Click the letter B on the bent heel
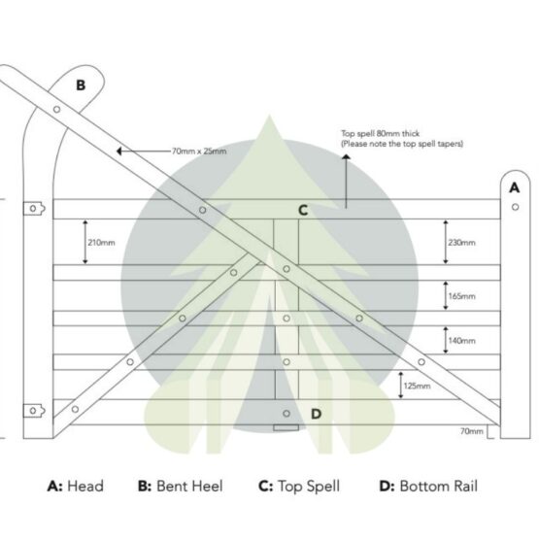click(81, 84)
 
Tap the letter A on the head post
click(515, 187)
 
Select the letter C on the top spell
click(303, 210)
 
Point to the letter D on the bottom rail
click(316, 414)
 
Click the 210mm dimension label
click(101, 243)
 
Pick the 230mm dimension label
click(461, 243)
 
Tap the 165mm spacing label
click(462, 296)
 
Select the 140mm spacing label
click(462, 341)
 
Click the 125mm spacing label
click(417, 386)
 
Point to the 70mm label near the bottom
click(472, 431)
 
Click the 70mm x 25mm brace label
click(199, 152)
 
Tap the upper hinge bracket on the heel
click(34, 209)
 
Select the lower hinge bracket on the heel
click(34, 411)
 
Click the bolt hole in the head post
click(515, 207)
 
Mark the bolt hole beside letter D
click(286, 414)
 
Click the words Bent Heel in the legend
click(189, 486)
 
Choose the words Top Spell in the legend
click(309, 487)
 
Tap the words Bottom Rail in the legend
click(439, 486)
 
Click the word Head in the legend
click(85, 486)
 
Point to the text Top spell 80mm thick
click(380, 133)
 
